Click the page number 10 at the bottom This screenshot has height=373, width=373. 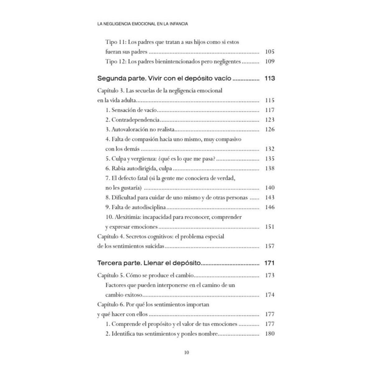pos(186,352)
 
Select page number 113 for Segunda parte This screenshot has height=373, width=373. pos(269,78)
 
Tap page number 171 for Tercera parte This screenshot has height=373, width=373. pos(269,263)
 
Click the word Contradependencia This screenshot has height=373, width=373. pos(136,120)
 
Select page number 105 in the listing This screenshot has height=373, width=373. pos(269,52)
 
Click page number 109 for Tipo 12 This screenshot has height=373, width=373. pos(269,61)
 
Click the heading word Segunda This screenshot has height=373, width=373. pos(112,78)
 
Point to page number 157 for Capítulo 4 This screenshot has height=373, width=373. pos(269,246)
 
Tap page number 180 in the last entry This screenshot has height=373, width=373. pos(269,334)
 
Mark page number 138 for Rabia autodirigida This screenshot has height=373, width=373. pos(269,168)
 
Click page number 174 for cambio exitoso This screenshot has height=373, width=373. pos(269,295)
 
